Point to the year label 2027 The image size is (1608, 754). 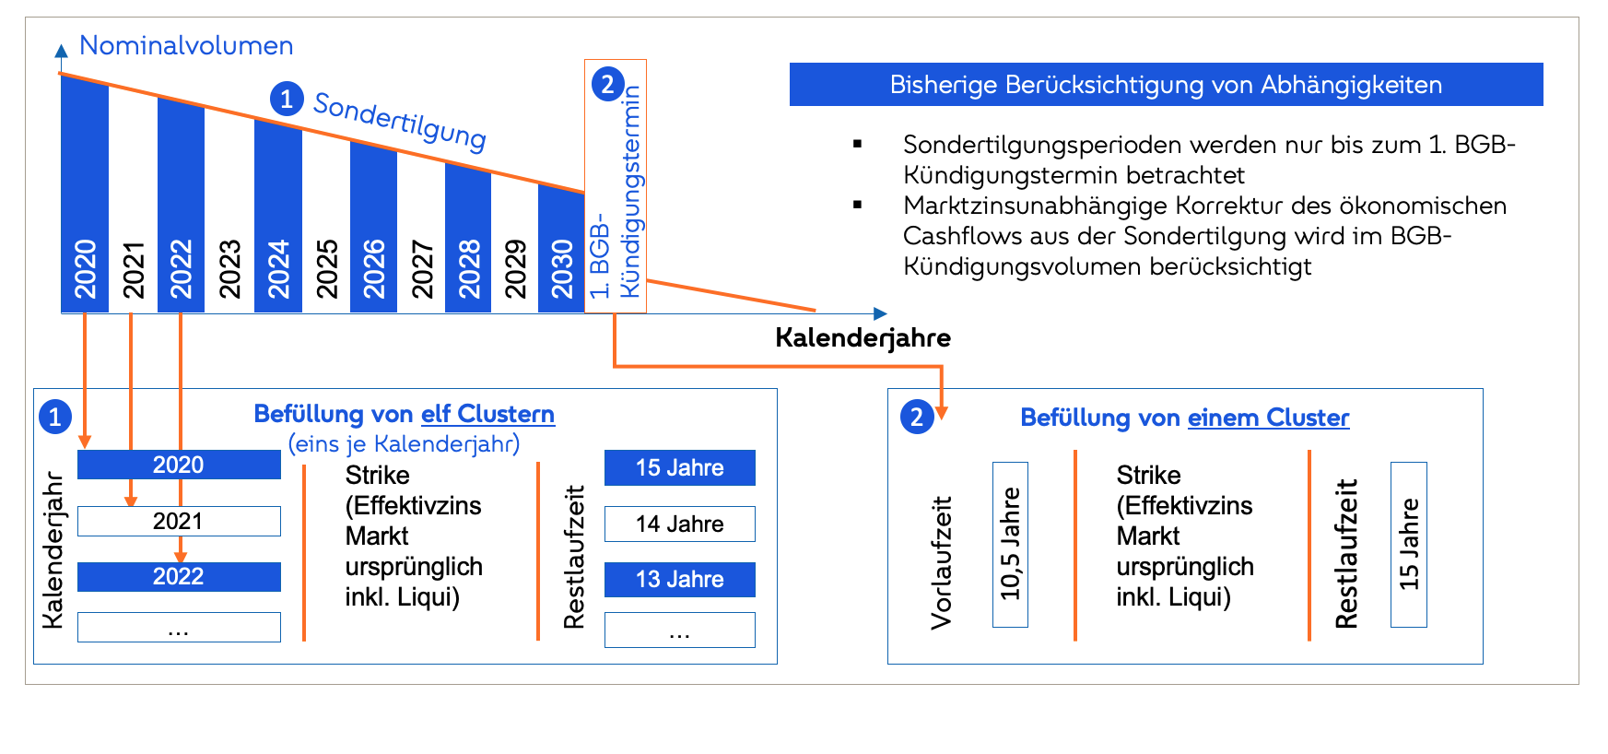point(422,269)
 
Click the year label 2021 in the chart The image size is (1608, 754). point(134,269)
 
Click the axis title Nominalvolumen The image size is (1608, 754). point(186,45)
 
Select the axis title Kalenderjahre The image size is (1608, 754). point(863,337)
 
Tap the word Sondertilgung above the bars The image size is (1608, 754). point(400,120)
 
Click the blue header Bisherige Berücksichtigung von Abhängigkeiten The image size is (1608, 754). point(1166,85)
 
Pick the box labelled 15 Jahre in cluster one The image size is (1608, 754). point(679,467)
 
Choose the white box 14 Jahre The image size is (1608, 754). point(679,524)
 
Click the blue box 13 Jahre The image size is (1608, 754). point(679,579)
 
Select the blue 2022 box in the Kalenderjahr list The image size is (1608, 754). point(179,576)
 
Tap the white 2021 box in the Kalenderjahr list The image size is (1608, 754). point(179,521)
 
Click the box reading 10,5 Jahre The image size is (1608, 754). point(1010,544)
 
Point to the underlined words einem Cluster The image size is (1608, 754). point(1268,418)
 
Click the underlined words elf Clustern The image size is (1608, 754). point(487,414)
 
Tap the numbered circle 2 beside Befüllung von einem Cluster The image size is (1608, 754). point(917,418)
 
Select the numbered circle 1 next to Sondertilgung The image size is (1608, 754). point(287,99)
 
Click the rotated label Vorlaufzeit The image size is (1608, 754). point(941,562)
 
